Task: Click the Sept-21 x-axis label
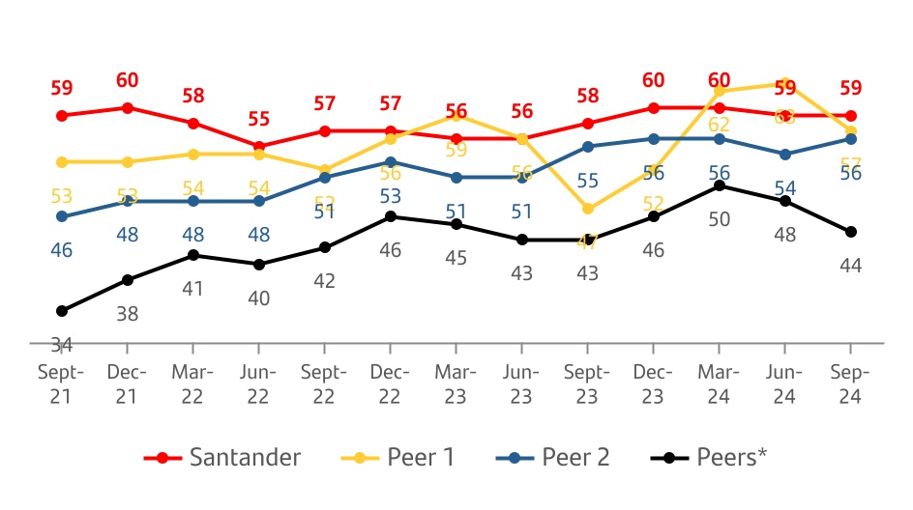point(61,383)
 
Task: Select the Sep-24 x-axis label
point(850,383)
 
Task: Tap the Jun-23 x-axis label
point(521,383)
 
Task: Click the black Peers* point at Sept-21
point(62,311)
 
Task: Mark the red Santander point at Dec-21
point(128,107)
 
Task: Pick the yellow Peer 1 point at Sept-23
point(588,209)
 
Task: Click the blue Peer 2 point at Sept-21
point(62,216)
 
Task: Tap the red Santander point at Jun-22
point(259,147)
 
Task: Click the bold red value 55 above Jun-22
point(259,119)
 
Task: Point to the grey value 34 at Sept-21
point(62,343)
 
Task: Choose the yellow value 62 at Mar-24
point(719,125)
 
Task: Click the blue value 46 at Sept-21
point(62,250)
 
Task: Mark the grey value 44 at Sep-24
point(850,266)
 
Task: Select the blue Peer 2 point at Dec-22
point(390,162)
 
